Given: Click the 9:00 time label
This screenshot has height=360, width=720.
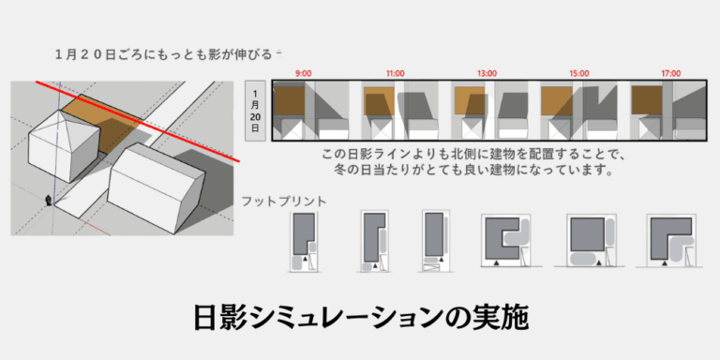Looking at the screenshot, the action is pos(304,73).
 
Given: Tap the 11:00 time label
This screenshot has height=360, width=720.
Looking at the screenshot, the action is pos(396,73).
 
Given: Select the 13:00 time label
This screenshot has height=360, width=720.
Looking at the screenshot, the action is pos(487,73).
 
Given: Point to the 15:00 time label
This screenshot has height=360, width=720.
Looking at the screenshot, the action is pos(579,73).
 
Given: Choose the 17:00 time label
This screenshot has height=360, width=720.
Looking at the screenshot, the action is pos(671,73).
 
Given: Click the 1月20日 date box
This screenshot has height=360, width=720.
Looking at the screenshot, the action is pos(255,111).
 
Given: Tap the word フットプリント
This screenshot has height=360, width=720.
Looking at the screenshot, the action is pos(284,202).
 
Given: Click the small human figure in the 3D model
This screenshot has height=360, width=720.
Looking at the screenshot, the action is pos(48,201).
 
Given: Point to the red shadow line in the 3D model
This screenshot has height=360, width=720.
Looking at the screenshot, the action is pos(138,122).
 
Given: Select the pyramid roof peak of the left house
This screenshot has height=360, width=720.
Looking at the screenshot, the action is pos(60,111).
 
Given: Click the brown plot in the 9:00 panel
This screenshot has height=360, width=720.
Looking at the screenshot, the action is pos(290,100).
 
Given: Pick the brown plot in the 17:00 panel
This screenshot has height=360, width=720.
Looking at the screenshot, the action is pos(647,100).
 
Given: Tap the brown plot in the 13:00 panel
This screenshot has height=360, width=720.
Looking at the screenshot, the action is pos(470,100).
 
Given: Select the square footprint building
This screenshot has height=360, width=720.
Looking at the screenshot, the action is pos(587,234).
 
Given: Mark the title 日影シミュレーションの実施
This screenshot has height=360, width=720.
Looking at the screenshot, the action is pos(360,317).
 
